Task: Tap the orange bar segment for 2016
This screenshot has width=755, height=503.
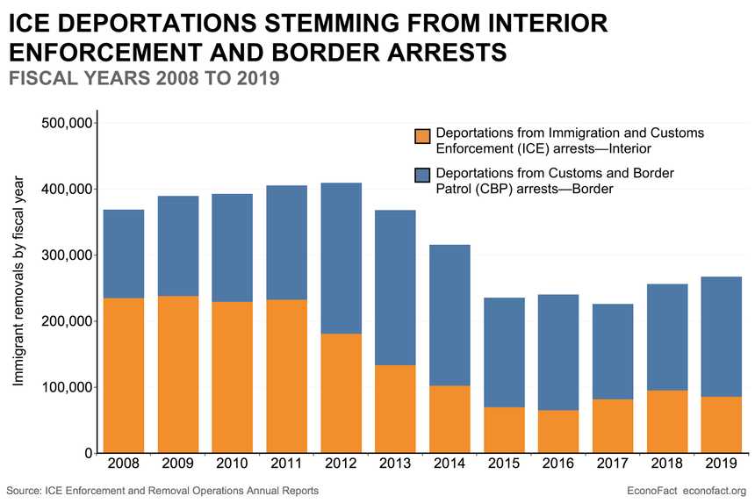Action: (558, 431)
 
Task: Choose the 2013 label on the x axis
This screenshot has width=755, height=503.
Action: (395, 464)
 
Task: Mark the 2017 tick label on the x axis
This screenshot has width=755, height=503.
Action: (613, 464)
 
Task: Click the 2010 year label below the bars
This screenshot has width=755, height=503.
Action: (232, 464)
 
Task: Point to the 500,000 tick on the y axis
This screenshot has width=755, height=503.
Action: (68, 124)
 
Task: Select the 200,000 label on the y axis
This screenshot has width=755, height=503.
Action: (68, 321)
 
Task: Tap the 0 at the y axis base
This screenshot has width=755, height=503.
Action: (88, 454)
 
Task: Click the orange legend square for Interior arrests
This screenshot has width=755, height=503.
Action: (422, 137)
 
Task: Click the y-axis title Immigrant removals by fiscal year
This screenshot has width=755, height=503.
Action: (18, 281)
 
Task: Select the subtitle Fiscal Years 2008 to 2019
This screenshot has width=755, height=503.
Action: (143, 78)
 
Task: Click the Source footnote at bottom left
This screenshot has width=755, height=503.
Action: (162, 490)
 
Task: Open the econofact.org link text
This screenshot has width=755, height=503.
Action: (714, 490)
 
